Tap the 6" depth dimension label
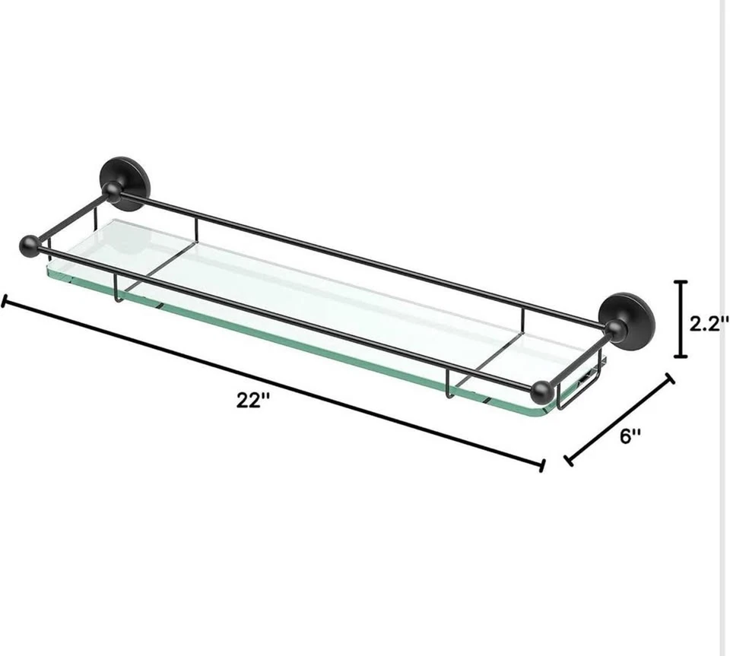click(x=630, y=436)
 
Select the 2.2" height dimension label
click(x=709, y=323)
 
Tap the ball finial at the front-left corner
click(x=30, y=246)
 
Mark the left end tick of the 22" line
click(x=5, y=303)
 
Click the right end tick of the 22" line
click(x=541, y=464)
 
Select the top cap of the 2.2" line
click(x=681, y=283)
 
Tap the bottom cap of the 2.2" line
click(x=681, y=356)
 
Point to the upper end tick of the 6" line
click(x=670, y=378)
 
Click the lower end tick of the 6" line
click(x=568, y=460)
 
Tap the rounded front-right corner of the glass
click(x=549, y=410)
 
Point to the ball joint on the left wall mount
click(x=112, y=192)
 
